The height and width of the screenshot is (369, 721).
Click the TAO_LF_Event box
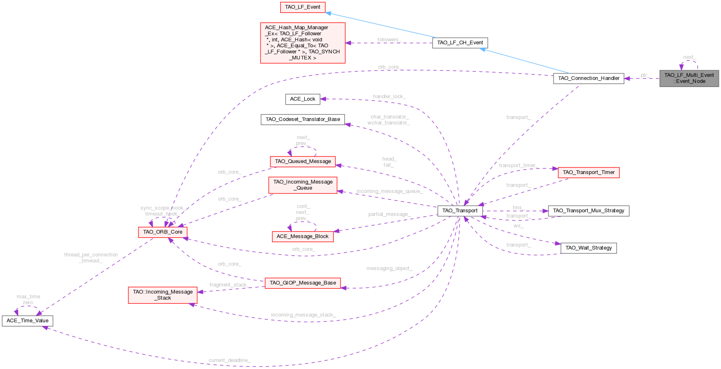pyautogui.click(x=303, y=7)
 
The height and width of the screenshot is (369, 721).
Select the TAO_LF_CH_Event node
pyautogui.click(x=460, y=43)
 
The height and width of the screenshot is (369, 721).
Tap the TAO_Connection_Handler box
pyautogui.click(x=589, y=78)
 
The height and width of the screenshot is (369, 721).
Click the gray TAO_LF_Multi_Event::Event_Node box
pyautogui.click(x=689, y=78)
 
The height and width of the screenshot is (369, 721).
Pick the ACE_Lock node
pyautogui.click(x=303, y=99)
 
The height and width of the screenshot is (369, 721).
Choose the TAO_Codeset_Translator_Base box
pyautogui.click(x=303, y=119)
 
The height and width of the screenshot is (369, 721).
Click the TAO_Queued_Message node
pyautogui.click(x=303, y=161)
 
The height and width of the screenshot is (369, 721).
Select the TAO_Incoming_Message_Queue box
pyautogui.click(x=303, y=185)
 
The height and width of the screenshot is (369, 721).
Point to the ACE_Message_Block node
pyautogui.click(x=303, y=236)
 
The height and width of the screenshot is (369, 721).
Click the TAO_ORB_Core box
pyautogui.click(x=163, y=232)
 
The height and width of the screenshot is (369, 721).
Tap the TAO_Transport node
pyautogui.click(x=460, y=211)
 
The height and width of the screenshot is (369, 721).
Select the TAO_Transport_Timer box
pyautogui.click(x=589, y=172)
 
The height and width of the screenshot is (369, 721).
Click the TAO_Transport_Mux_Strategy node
pyautogui.click(x=589, y=211)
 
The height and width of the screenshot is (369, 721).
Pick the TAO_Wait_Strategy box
pyautogui.click(x=589, y=248)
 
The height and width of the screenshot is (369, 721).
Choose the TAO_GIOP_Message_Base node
pyautogui.click(x=303, y=283)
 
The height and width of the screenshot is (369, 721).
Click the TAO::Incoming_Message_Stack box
pyautogui.click(x=163, y=295)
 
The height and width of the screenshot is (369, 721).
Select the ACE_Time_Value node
pyautogui.click(x=27, y=321)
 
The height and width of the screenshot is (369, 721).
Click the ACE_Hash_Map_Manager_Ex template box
pyautogui.click(x=303, y=43)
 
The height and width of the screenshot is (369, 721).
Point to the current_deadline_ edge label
pyautogui.click(x=229, y=360)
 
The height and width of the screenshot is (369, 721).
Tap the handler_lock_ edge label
pyautogui.click(x=390, y=96)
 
